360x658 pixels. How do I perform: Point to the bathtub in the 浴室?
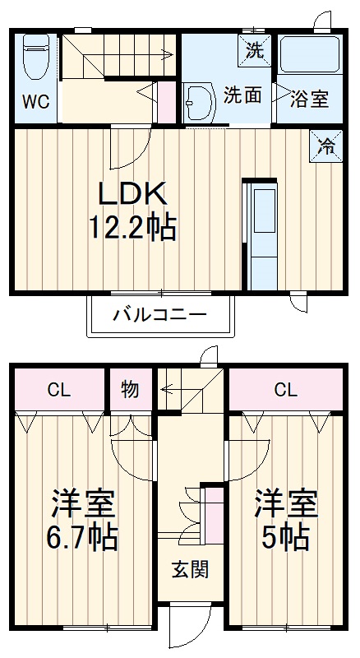click(309, 55)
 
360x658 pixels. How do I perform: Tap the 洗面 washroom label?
click(243, 95)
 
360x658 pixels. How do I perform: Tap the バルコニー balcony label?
click(159, 314)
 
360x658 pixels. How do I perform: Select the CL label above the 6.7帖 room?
click(58, 390)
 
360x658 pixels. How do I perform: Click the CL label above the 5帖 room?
click(285, 390)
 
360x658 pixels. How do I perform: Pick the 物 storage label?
click(130, 389)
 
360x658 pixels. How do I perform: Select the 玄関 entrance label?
click(190, 569)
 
